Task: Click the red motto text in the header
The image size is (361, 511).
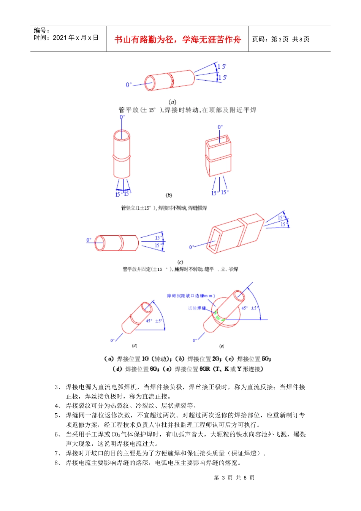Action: pos(177,40)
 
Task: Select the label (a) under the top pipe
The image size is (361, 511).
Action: pos(173,102)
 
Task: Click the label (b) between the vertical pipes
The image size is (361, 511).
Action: pos(169,195)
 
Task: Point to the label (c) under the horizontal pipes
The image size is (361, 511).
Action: pos(180,262)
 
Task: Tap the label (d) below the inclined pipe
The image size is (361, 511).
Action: pos(135,346)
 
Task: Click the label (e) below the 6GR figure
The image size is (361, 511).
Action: pos(222,346)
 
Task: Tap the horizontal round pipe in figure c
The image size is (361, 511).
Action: pos(117,243)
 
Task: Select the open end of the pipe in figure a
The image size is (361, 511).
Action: pos(149,84)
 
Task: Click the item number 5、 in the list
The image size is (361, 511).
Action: pos(57,415)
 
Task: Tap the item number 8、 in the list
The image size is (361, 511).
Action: pos(57,463)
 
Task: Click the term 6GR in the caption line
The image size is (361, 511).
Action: pos(205,369)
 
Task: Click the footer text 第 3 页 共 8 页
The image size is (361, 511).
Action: pos(234,478)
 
